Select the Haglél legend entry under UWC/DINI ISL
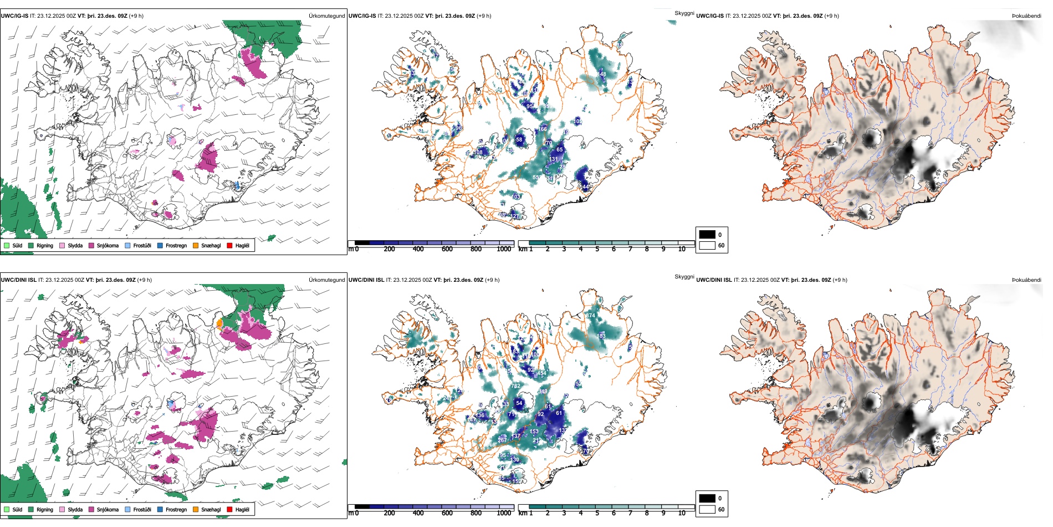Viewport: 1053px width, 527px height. [242, 509]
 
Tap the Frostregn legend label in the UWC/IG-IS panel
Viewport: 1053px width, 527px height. [176, 245]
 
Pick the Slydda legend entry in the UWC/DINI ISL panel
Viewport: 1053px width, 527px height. [75, 509]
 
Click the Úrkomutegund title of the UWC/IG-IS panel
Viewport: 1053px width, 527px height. [326, 16]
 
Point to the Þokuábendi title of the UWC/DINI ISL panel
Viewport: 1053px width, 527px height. [1026, 280]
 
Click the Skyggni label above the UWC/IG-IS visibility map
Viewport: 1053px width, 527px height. [684, 13]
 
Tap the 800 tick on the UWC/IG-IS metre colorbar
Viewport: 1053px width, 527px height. [476, 249]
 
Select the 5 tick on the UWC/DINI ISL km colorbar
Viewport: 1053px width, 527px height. [597, 513]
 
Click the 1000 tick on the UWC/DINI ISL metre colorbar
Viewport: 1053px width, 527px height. [504, 513]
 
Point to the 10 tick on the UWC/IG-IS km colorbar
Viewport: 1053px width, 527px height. [682, 249]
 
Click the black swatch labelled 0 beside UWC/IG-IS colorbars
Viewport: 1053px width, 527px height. [707, 235]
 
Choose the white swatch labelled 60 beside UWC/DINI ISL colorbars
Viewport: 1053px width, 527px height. [707, 509]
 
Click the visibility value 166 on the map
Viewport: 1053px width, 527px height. [543, 129]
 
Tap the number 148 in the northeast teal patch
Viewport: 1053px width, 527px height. [602, 74]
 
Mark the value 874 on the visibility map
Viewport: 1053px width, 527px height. [591, 316]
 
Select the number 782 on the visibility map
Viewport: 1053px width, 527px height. [516, 386]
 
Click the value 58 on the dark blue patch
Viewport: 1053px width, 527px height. [519, 140]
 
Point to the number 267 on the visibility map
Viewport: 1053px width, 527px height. [502, 440]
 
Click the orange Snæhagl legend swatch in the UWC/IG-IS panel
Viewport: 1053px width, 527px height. [196, 245]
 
